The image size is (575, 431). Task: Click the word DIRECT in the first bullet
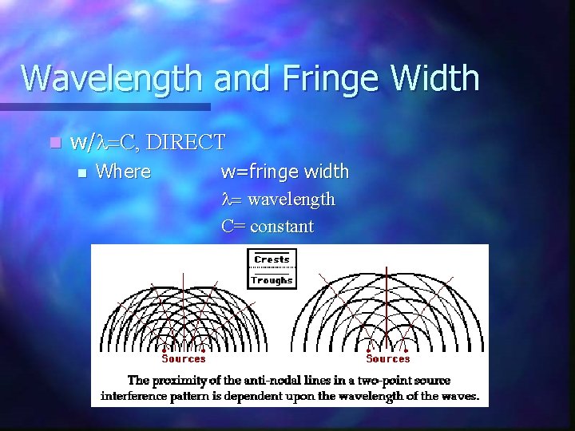pyautogui.click(x=187, y=143)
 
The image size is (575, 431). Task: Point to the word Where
pyautogui.click(x=123, y=172)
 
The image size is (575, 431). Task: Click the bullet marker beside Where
pyautogui.click(x=79, y=172)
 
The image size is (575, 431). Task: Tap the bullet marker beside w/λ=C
pyautogui.click(x=54, y=144)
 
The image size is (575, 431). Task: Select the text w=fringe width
pyautogui.click(x=285, y=172)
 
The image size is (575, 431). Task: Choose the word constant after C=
pyautogui.click(x=282, y=226)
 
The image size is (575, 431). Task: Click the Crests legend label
pyautogui.click(x=272, y=259)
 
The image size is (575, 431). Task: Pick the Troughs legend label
pyautogui.click(x=272, y=280)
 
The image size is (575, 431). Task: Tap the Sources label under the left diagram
pyautogui.click(x=184, y=359)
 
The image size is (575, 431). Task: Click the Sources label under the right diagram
pyautogui.click(x=388, y=359)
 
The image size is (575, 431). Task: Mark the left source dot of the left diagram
pyautogui.click(x=164, y=350)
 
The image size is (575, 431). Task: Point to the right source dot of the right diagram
pyautogui.click(x=409, y=350)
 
